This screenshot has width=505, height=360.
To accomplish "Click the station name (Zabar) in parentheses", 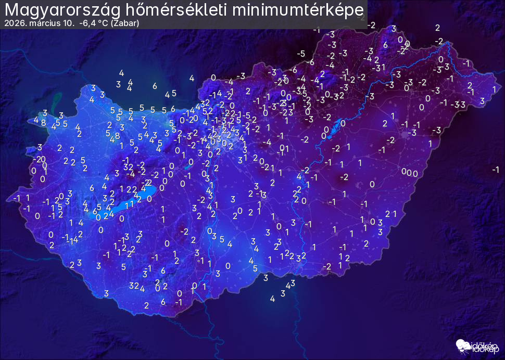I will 124,23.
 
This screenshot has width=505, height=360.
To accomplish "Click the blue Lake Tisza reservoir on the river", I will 343,123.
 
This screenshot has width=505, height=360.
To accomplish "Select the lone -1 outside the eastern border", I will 495,169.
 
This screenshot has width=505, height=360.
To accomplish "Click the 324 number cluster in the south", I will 136,286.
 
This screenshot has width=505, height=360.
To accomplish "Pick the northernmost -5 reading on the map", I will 300,54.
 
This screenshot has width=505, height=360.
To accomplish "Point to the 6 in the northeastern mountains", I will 385,45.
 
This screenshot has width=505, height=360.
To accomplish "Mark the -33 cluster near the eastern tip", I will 458,104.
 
